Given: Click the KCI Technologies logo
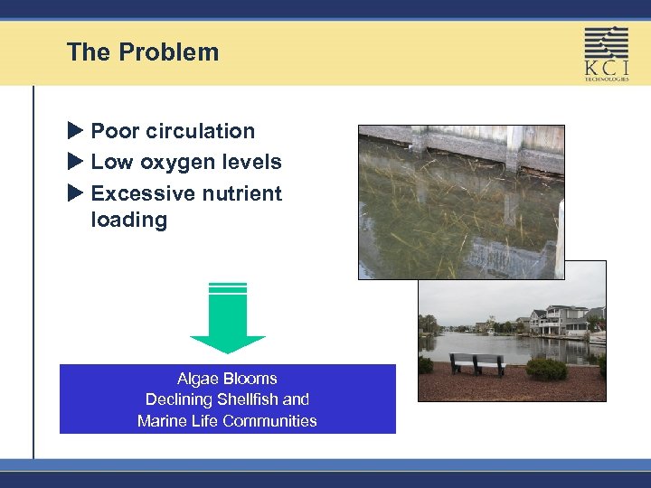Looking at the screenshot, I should click(x=606, y=53).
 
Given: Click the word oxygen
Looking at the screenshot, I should click(x=177, y=163).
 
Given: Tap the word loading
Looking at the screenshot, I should click(x=128, y=220).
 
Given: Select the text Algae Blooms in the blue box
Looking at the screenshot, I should click(x=227, y=379).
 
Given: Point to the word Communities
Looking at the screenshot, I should click(x=271, y=420).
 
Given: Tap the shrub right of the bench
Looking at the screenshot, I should click(x=545, y=369).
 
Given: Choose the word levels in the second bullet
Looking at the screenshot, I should click(x=257, y=163).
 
